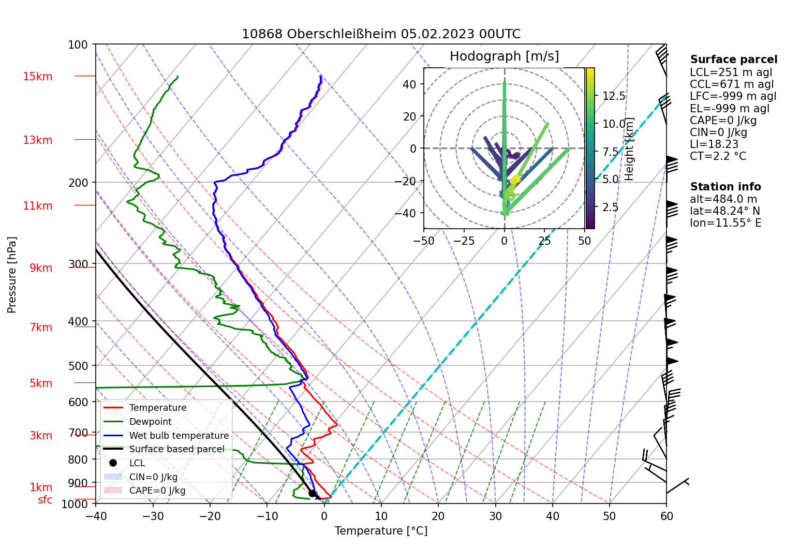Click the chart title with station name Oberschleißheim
[381, 34]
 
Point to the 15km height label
[37, 77]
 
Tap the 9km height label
[40, 268]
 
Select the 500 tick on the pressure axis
[78, 366]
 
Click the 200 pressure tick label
[78, 183]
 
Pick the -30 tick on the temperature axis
[153, 516]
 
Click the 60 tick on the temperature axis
[666, 516]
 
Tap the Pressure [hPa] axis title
[12, 274]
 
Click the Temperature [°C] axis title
[381, 531]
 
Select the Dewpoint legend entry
[150, 422]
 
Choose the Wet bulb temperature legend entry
[179, 436]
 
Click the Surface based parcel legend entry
[176, 449]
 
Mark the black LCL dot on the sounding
[312, 493]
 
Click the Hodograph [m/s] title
[504, 56]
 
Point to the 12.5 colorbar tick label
[614, 96]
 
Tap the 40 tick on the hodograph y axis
[409, 84]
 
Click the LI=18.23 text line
[714, 144]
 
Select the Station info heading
[725, 187]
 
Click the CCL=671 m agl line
[731, 84]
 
